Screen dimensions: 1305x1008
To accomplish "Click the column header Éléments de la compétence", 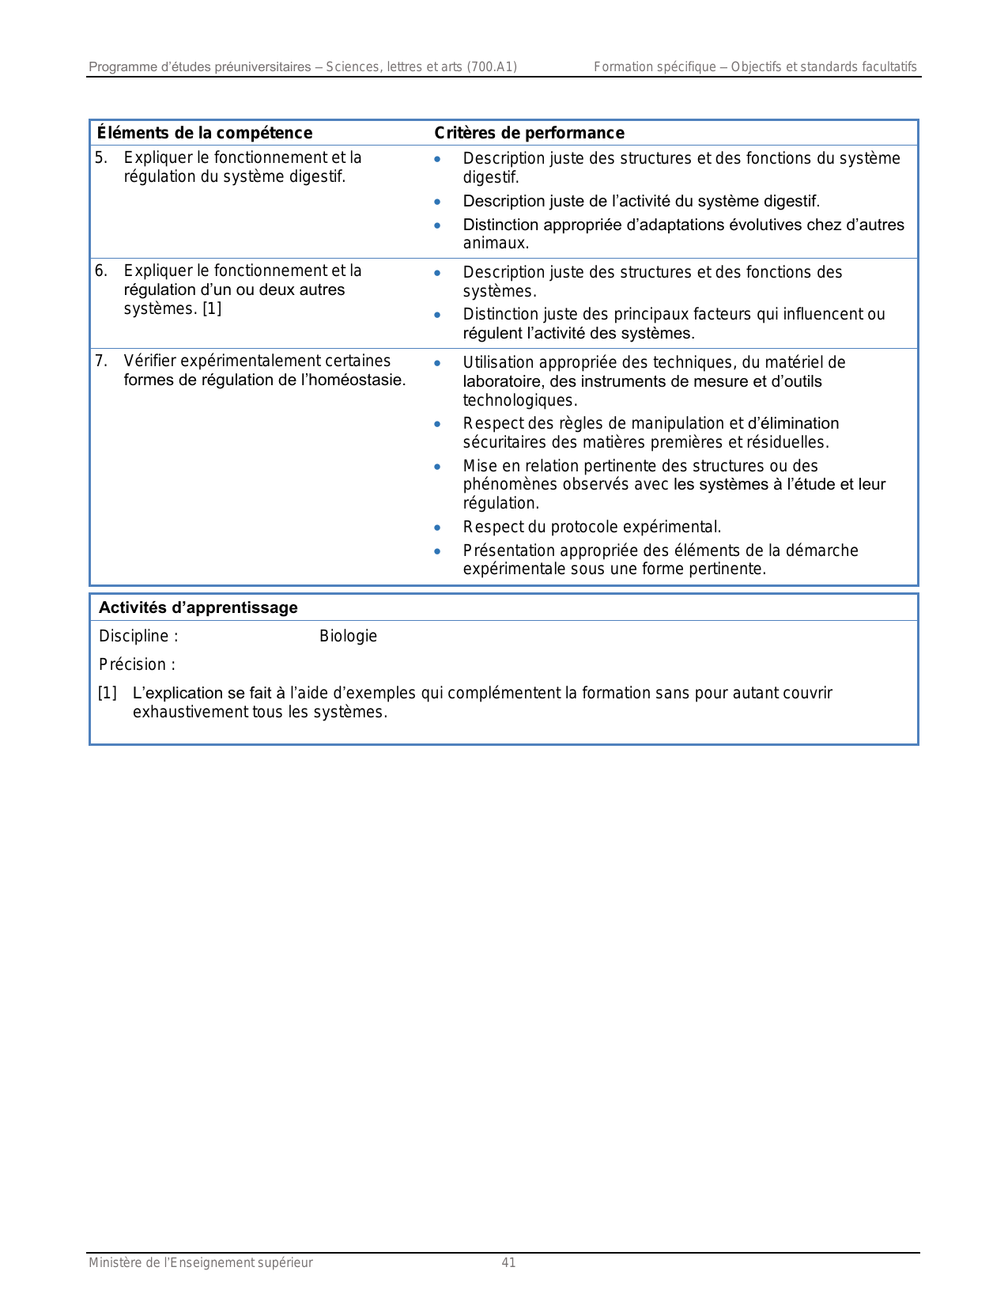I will pos(205,133).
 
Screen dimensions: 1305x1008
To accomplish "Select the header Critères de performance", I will pos(529,133).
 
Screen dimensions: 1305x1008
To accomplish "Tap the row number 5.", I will pos(100,157).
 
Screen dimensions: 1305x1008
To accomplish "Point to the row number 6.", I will pos(100,270).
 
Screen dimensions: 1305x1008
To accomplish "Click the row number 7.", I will pos(100,361).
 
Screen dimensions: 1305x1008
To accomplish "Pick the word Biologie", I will pos(348,637).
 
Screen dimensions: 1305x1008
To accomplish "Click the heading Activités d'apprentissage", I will pos(198,607).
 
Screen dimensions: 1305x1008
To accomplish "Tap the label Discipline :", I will pos(138,637).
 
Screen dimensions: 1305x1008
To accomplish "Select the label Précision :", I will pos(137,665).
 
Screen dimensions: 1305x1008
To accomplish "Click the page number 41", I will pos(508,1263).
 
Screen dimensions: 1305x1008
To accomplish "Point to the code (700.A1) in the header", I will pos(492,67).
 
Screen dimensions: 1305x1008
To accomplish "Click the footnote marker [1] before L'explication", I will pos(107,694).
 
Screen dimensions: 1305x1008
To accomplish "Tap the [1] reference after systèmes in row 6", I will pos(212,308).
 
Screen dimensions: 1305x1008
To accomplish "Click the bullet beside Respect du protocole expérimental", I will pos(437,528).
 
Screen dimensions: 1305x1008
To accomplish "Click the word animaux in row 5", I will pos(495,244).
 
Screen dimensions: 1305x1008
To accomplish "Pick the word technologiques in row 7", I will pos(519,400).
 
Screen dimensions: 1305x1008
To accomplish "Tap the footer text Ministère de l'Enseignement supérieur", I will pos(201,1263).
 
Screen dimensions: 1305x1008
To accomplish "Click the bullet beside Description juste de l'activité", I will pos(437,202).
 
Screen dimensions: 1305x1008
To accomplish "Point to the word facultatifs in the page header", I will pos(888,67).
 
